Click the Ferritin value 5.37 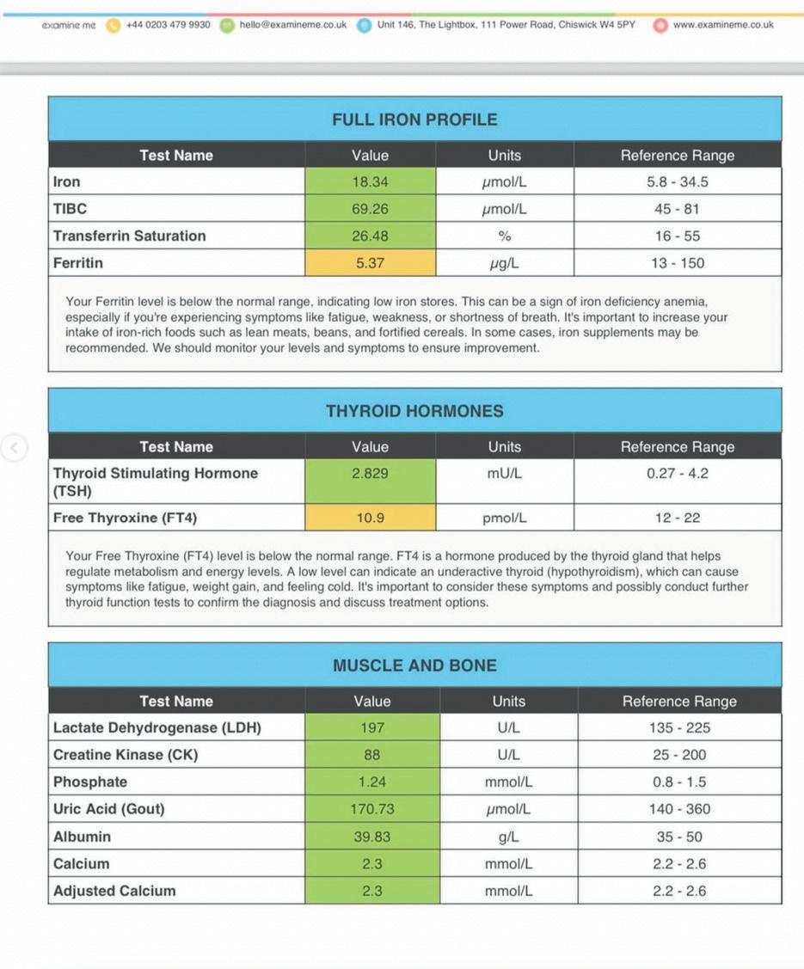pyautogui.click(x=370, y=263)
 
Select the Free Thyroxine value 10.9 pyautogui.click(x=370, y=518)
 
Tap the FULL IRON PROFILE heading pyautogui.click(x=414, y=120)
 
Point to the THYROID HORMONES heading pyautogui.click(x=414, y=411)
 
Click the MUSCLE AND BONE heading pyautogui.click(x=414, y=665)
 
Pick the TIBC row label pyautogui.click(x=71, y=209)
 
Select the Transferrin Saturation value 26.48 pyautogui.click(x=370, y=236)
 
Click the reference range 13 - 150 pyautogui.click(x=678, y=263)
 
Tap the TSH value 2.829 pyautogui.click(x=370, y=473)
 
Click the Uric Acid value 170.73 pyautogui.click(x=371, y=809)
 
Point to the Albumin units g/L pyautogui.click(x=508, y=837)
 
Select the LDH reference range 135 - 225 pyautogui.click(x=679, y=727)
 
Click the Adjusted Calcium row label pyautogui.click(x=114, y=891)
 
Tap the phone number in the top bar pyautogui.click(x=168, y=25)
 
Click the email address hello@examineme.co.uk pyautogui.click(x=293, y=25)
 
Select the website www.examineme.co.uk pyautogui.click(x=723, y=25)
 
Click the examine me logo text pyautogui.click(x=69, y=25)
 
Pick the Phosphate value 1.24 pyautogui.click(x=371, y=782)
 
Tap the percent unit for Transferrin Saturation pyautogui.click(x=505, y=236)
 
